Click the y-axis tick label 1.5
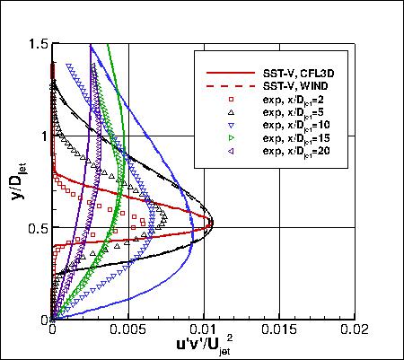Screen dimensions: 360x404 pyautogui.click(x=36, y=43)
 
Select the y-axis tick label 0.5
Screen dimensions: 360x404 pyautogui.click(x=36, y=228)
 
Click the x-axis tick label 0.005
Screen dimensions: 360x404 pyautogui.click(x=128, y=330)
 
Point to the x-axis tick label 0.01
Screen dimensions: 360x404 pyautogui.click(x=206, y=330)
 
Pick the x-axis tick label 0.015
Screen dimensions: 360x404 pyautogui.click(x=281, y=330)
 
